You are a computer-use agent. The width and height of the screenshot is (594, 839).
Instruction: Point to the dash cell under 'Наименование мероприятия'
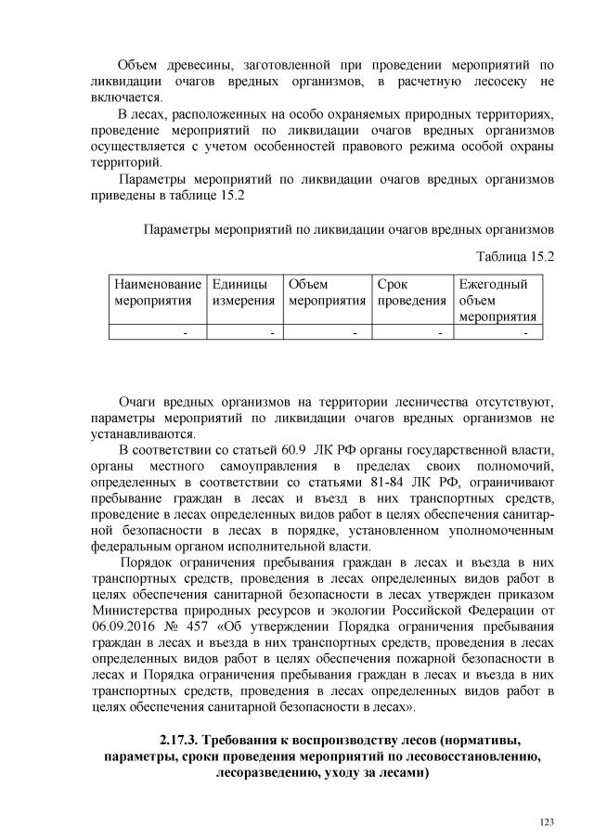(x=186, y=332)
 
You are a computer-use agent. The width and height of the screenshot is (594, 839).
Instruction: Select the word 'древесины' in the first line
(x=200, y=65)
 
